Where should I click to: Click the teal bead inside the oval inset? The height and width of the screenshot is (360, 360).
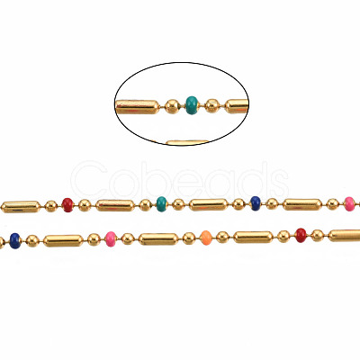(192, 105)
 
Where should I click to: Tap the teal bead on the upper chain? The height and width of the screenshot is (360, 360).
(161, 204)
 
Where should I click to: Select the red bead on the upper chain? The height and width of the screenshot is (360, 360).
(67, 205)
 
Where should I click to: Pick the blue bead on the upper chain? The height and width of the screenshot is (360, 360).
(256, 203)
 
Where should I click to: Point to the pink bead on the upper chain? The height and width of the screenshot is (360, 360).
(349, 204)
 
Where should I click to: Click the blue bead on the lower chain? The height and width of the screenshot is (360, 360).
(15, 241)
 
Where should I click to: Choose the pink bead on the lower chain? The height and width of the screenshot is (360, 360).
(111, 239)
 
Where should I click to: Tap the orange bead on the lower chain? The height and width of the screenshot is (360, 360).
(205, 238)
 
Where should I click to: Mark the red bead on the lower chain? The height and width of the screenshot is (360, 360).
(301, 235)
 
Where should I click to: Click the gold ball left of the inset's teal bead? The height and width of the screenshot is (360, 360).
(172, 106)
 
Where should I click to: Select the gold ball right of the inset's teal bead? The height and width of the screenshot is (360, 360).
(212, 106)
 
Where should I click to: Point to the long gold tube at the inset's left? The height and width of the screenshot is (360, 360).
(138, 107)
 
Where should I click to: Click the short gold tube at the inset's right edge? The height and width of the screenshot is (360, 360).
(237, 106)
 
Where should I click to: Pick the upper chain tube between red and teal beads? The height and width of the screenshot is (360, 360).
(115, 205)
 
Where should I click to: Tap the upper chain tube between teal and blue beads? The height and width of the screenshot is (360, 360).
(209, 204)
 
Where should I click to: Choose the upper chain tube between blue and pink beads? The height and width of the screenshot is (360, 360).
(302, 204)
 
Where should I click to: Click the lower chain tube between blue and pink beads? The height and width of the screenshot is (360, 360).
(63, 241)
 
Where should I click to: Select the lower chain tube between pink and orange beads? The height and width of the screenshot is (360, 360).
(158, 239)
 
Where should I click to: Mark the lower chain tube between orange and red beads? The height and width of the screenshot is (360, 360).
(254, 238)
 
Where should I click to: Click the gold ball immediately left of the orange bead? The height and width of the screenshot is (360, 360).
(189, 238)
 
